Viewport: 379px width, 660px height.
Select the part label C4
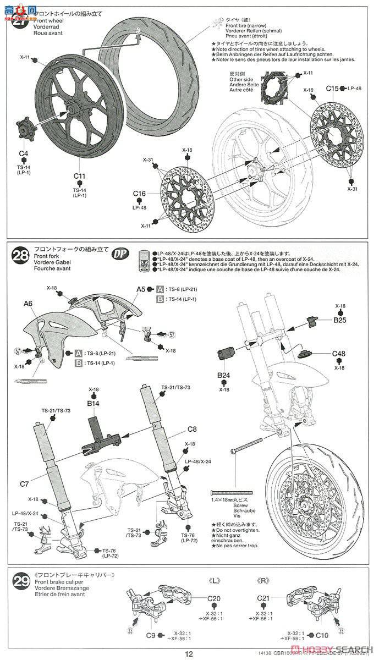coord(24,153)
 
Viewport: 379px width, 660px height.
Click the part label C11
coord(80,176)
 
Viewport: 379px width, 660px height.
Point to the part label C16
coord(139,194)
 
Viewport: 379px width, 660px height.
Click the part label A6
coord(28,303)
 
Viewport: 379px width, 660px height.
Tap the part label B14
coord(93,403)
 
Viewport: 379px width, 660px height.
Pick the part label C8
coord(192,429)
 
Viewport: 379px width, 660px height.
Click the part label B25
coord(339,319)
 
